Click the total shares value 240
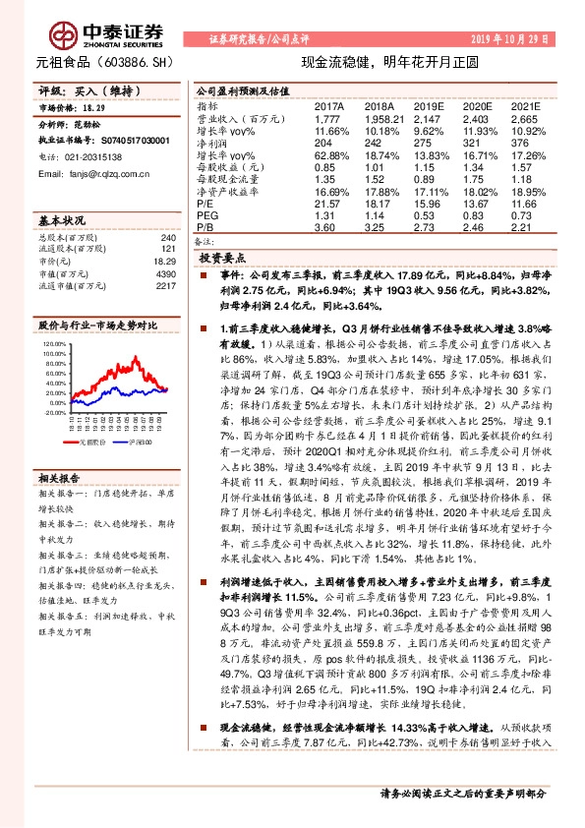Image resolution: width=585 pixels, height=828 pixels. (167, 239)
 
